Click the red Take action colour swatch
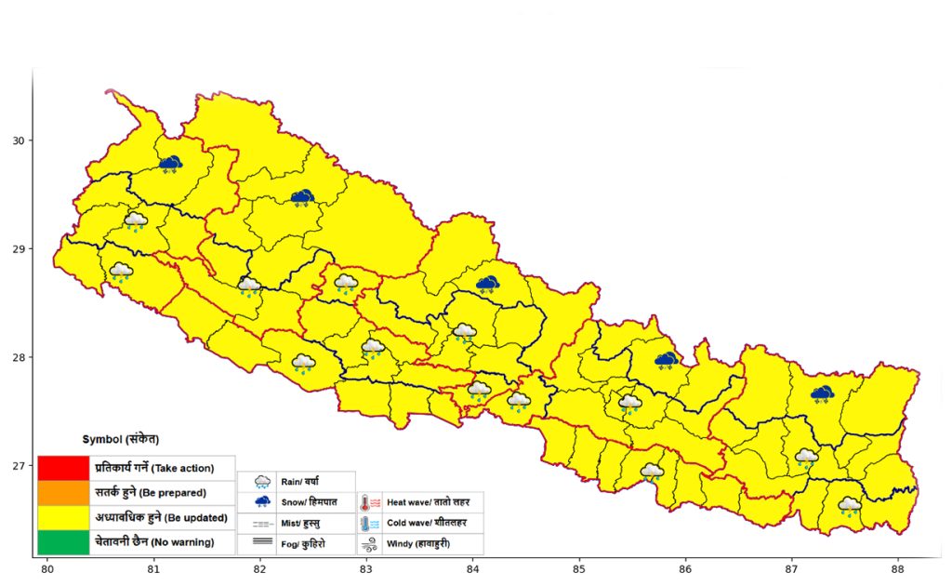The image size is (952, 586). point(63,467)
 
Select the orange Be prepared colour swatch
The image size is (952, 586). point(63,492)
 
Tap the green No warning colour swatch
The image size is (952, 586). point(63,541)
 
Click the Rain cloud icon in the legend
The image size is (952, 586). point(263,482)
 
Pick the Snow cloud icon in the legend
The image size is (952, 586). point(263,502)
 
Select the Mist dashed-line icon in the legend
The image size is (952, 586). point(263,524)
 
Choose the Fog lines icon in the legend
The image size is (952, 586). point(263,543)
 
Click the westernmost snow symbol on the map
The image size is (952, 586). point(170,165)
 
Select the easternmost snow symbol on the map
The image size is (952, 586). point(821,394)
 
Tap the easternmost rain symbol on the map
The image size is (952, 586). point(849,506)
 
